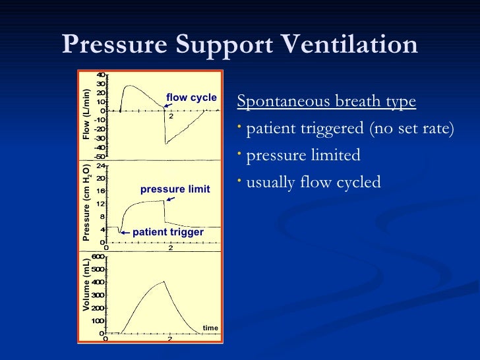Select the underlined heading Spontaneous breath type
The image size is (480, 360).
[x=326, y=102]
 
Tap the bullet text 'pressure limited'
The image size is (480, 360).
[x=303, y=155]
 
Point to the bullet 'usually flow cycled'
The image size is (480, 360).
[x=313, y=181]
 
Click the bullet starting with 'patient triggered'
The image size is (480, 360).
[x=349, y=129]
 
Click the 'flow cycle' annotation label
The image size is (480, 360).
[x=191, y=98]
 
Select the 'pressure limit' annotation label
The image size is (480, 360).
[x=175, y=189]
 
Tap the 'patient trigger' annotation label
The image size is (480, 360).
[x=168, y=232]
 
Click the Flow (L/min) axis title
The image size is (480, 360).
[x=86, y=114]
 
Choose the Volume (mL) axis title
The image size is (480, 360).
[x=86, y=285]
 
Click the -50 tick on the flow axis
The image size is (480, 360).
[x=100, y=156]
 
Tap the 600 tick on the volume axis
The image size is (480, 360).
[x=98, y=256]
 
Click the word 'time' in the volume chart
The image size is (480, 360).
[x=210, y=327]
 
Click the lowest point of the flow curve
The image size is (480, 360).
[x=165, y=143]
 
